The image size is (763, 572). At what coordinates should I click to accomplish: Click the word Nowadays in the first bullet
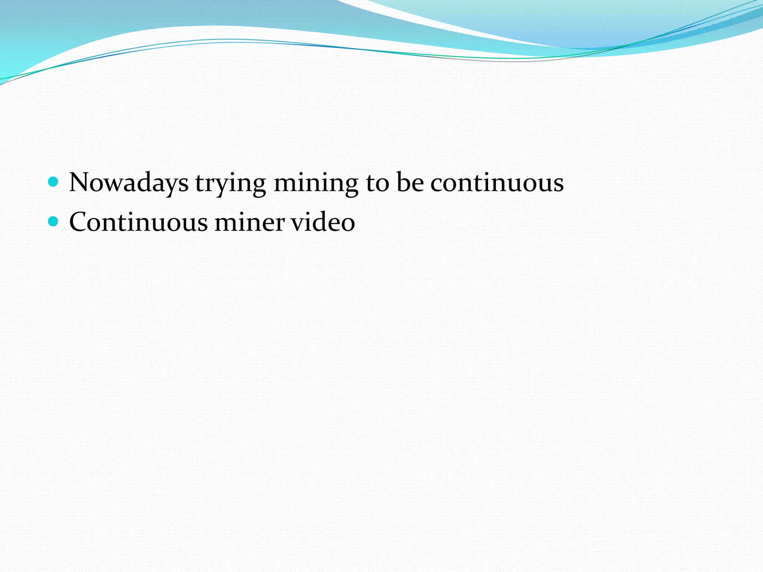click(129, 182)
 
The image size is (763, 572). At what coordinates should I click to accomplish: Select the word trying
click(231, 183)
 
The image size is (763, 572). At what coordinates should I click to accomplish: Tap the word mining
click(316, 183)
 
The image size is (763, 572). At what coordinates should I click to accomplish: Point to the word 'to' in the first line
click(378, 182)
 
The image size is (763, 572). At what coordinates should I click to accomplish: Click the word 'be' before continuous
click(410, 182)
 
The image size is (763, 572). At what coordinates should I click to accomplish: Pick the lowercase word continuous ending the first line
click(497, 183)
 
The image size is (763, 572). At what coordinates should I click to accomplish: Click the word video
click(323, 222)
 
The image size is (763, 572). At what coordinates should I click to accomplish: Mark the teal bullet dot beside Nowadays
click(54, 182)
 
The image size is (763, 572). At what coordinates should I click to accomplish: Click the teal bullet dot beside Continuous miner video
click(54, 222)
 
